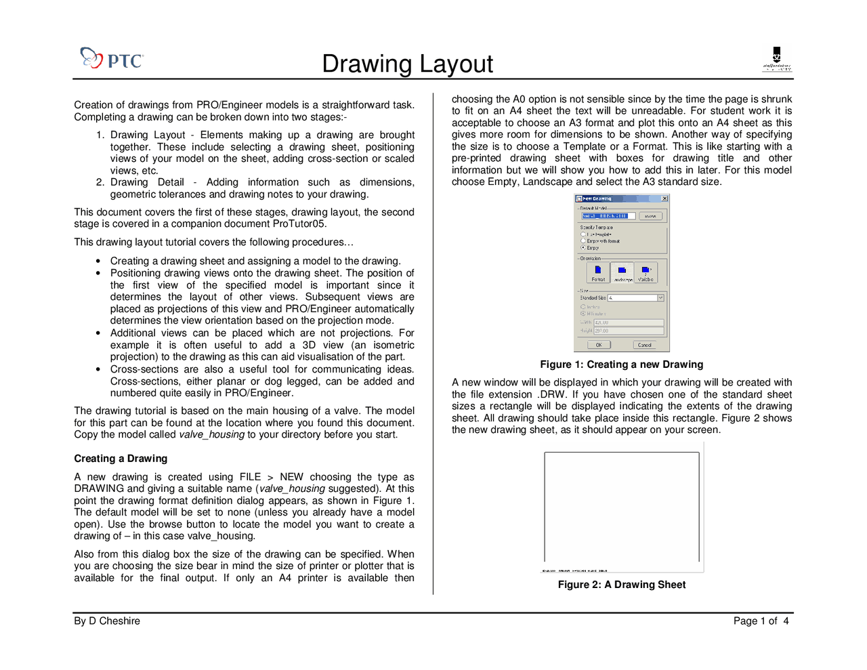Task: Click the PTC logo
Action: (x=112, y=59)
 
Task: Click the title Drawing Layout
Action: (x=407, y=64)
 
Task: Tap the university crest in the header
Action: (x=776, y=59)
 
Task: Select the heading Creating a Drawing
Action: (x=121, y=459)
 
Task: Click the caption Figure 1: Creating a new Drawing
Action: (x=621, y=364)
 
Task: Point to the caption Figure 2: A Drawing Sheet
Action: (x=621, y=585)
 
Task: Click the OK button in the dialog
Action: (x=599, y=345)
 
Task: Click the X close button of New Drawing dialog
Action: (x=664, y=198)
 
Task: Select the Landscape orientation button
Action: (x=622, y=272)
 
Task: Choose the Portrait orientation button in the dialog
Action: (x=598, y=272)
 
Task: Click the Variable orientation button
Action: (x=646, y=272)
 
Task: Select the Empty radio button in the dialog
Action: (x=583, y=248)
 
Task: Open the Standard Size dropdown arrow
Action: (x=660, y=298)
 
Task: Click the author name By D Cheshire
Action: (x=107, y=621)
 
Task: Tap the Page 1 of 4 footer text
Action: (x=761, y=621)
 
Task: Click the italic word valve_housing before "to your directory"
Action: (x=211, y=435)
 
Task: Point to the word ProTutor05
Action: (x=301, y=224)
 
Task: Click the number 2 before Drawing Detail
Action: (x=100, y=182)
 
